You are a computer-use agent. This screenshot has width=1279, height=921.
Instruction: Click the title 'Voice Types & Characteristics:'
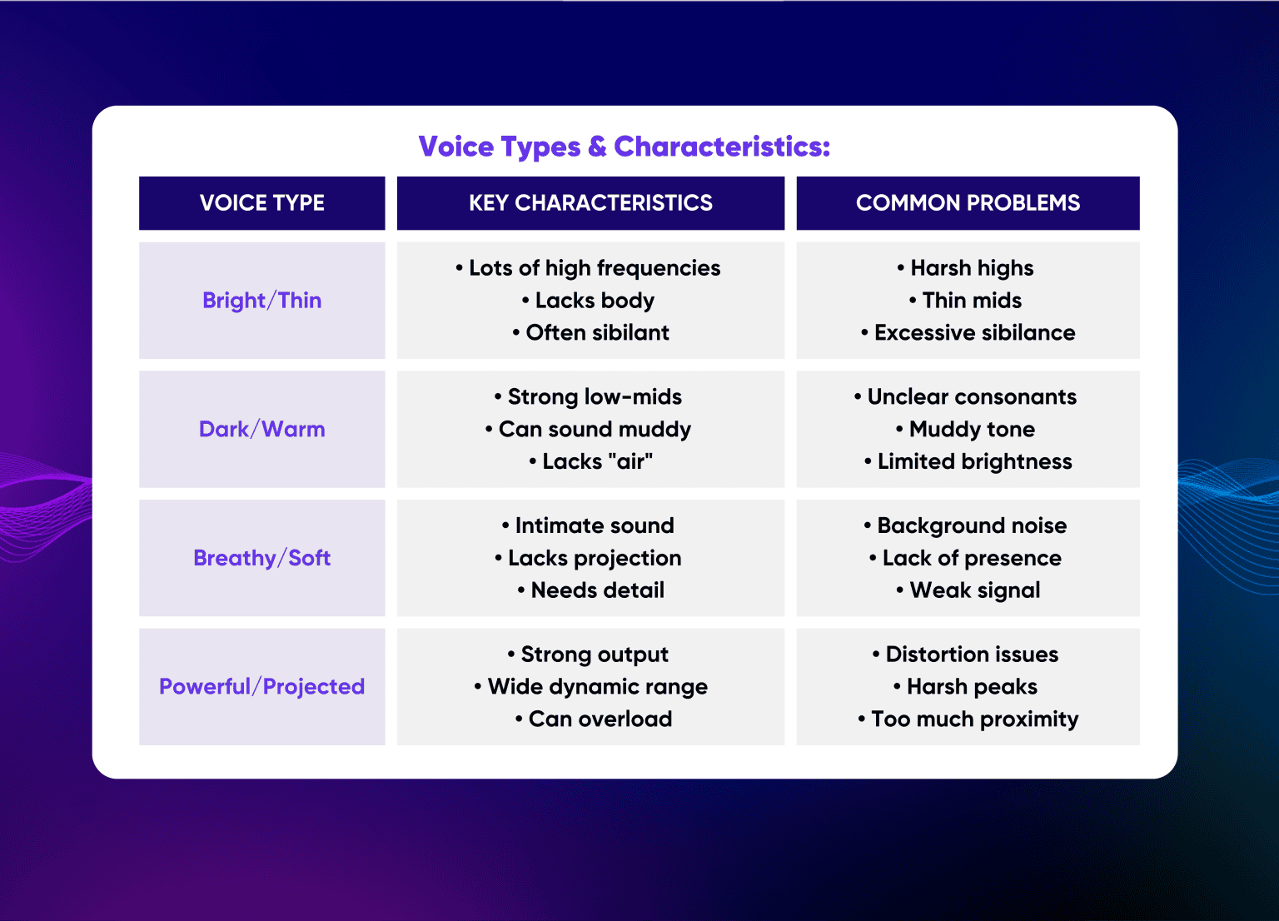pos(624,147)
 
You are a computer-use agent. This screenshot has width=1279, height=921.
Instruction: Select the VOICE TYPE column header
pos(261,203)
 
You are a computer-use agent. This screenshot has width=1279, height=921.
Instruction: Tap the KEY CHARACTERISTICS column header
pos(590,203)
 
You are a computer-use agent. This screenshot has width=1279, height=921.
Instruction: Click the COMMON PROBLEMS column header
pos(968,203)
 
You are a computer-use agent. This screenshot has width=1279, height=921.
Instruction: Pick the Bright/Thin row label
pos(261,301)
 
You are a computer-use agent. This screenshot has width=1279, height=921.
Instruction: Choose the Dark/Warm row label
pos(261,430)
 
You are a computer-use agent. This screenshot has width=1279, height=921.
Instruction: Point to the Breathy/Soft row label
pos(261,558)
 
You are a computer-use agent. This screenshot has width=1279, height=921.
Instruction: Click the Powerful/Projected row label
pos(261,687)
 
